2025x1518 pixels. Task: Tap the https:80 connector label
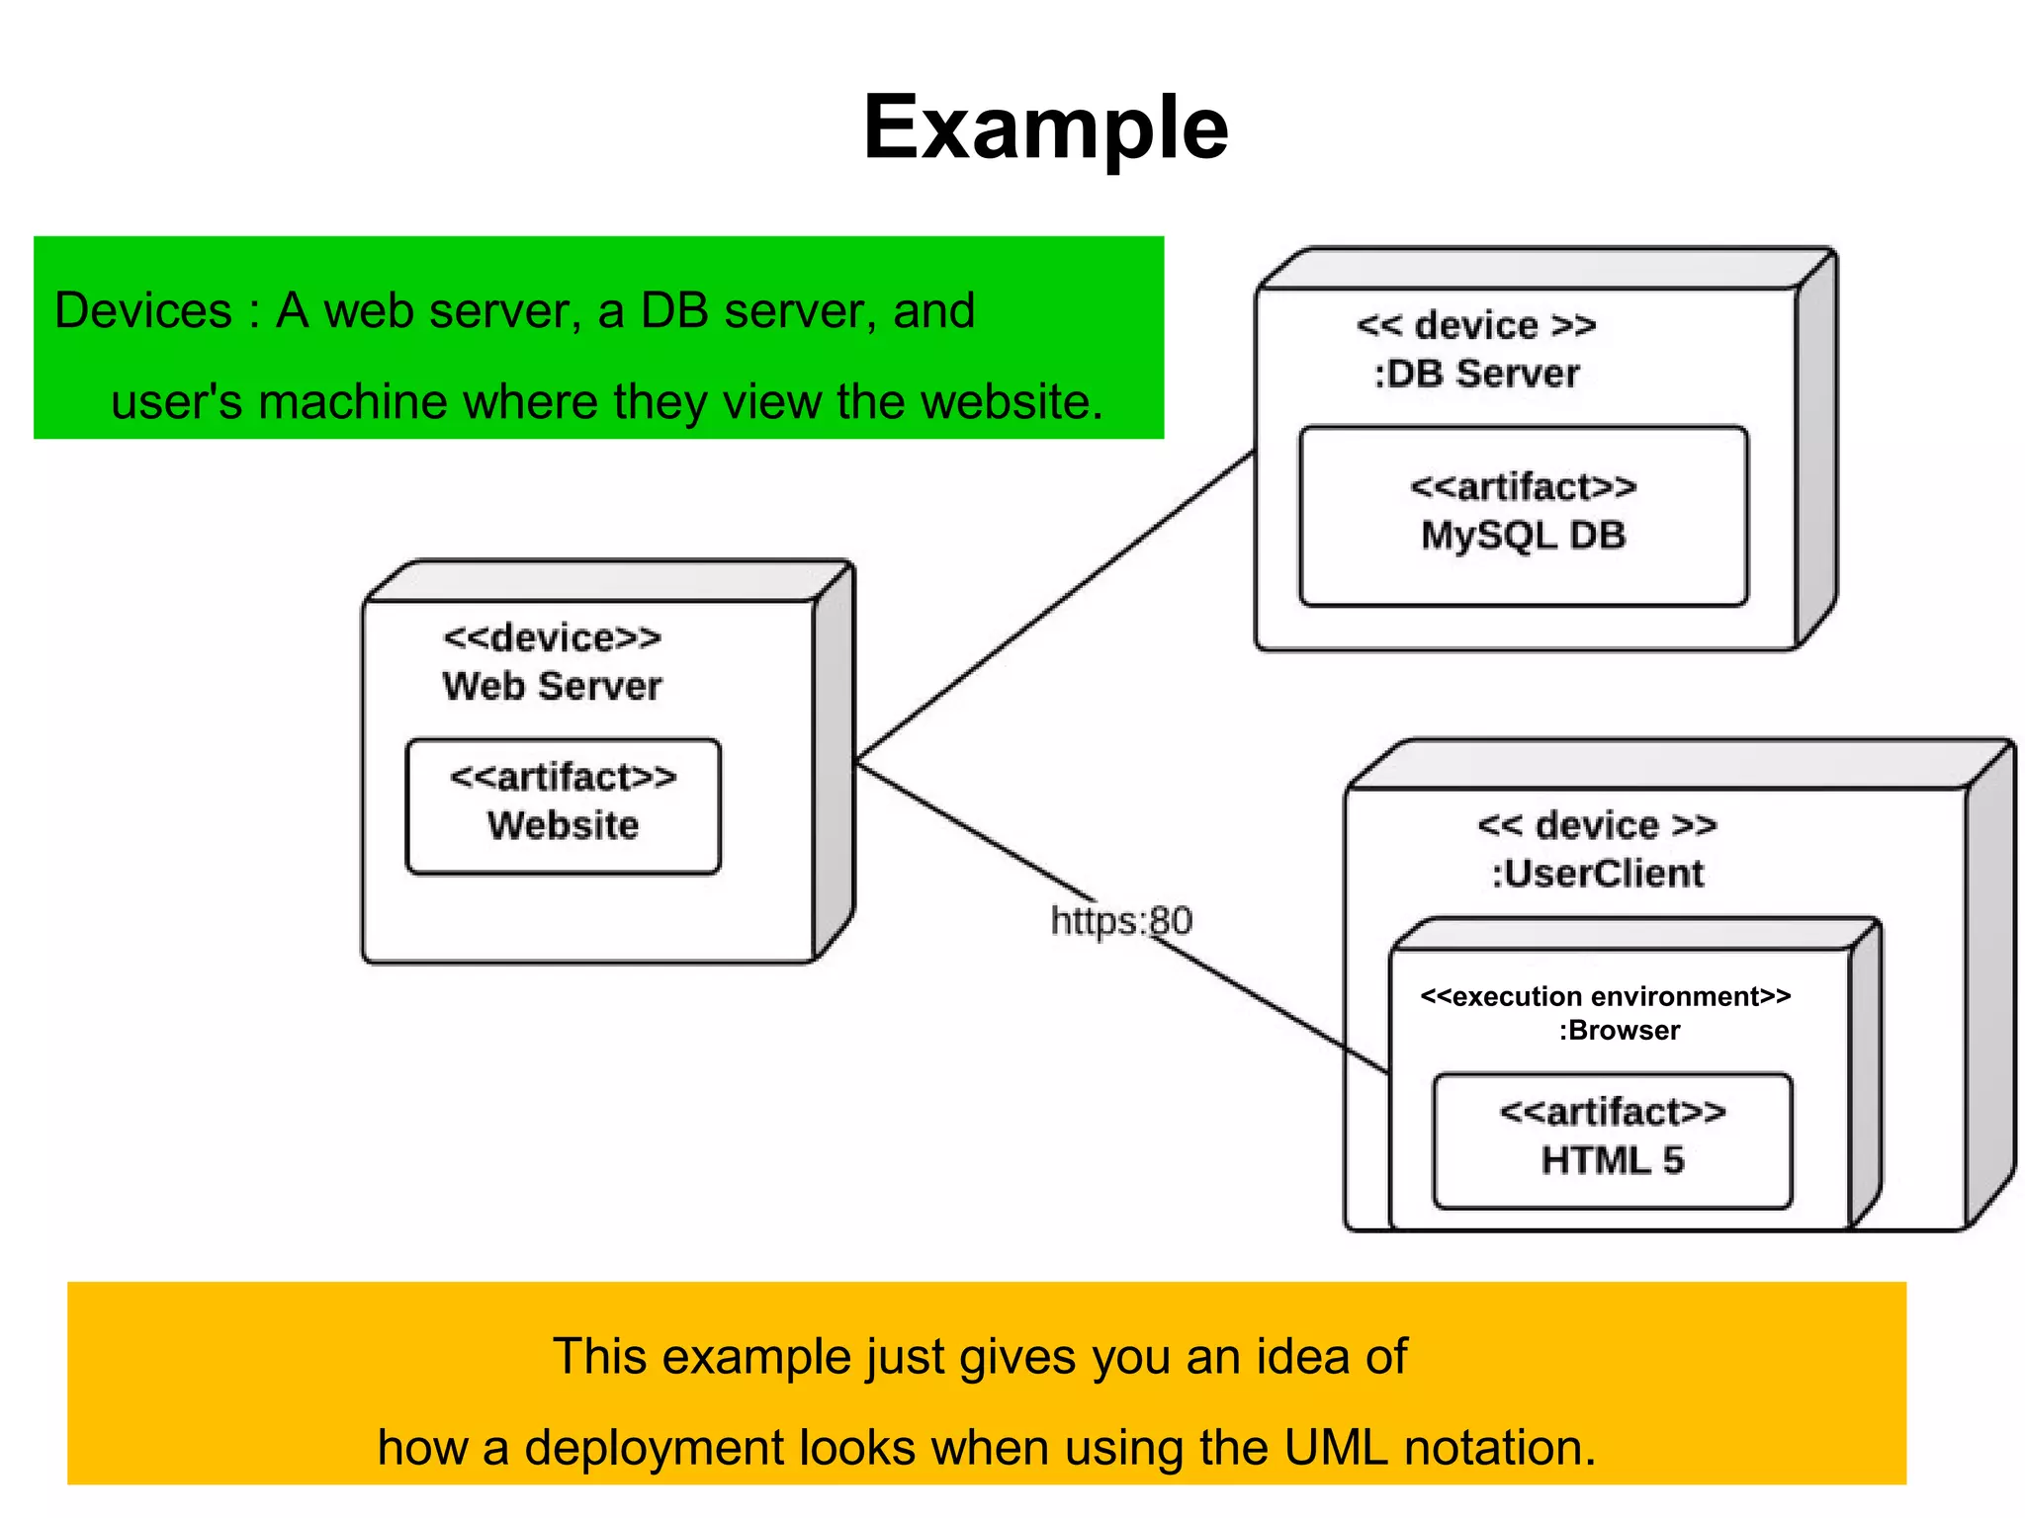tap(1121, 921)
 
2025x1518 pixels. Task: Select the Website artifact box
tap(563, 805)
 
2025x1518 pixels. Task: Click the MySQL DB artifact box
tap(1523, 515)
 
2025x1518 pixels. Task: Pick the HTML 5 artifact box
tap(1612, 1140)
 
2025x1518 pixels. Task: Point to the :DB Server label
tap(1476, 374)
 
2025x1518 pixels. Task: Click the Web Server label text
tap(552, 686)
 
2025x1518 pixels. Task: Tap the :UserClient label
tap(1598, 874)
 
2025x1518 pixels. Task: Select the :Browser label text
tap(1620, 1030)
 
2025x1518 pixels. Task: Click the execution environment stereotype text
tap(1606, 996)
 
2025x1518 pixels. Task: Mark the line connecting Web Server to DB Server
tap(1055, 607)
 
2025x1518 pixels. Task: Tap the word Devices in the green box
tap(142, 310)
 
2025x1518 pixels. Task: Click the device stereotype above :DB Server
tap(1476, 325)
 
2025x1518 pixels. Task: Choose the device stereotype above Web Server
tap(552, 637)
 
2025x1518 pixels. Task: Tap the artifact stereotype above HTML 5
tap(1612, 1112)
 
